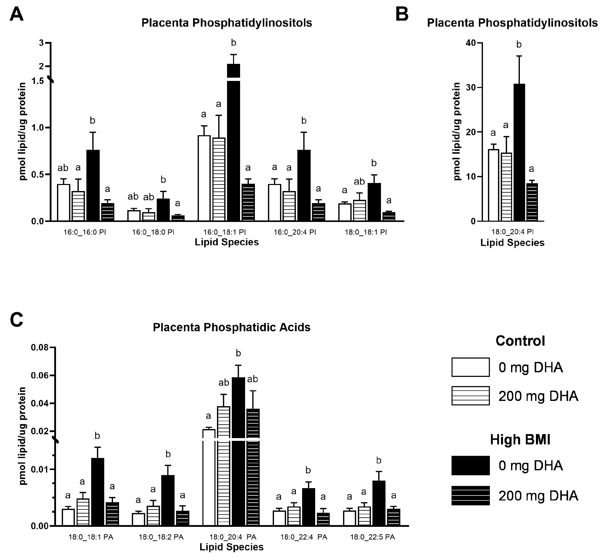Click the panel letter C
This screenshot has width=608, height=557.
point(16,320)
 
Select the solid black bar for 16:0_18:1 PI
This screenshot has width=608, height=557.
point(233,145)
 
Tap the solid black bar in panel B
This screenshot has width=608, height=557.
point(519,153)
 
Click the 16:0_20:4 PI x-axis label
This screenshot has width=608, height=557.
point(295,232)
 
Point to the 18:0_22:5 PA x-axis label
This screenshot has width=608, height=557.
point(372,537)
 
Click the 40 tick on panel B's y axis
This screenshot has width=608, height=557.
point(470,43)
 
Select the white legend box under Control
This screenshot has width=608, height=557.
point(470,367)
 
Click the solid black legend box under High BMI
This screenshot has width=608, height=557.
point(470,465)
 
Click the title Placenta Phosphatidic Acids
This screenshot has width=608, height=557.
point(231,327)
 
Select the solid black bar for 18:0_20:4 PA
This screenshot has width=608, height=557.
point(238,453)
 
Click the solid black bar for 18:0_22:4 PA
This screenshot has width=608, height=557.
point(308,507)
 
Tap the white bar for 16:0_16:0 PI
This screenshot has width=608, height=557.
point(64,203)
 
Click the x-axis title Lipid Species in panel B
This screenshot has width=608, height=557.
point(512,243)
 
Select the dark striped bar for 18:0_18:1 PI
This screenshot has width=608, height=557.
point(389,216)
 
